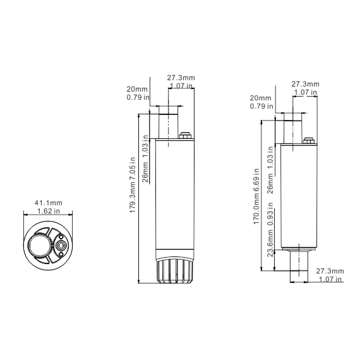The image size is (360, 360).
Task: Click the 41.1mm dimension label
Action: click(49, 203)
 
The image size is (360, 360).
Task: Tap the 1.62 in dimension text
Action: click(49, 211)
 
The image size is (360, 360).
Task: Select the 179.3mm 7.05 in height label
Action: click(133, 185)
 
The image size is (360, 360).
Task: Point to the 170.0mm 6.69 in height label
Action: click(256, 196)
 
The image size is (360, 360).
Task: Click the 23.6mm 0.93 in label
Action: click(270, 229)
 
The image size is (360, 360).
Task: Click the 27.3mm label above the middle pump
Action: click(181, 78)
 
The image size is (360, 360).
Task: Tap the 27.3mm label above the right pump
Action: click(305, 84)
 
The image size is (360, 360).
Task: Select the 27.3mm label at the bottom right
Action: click(330, 271)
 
